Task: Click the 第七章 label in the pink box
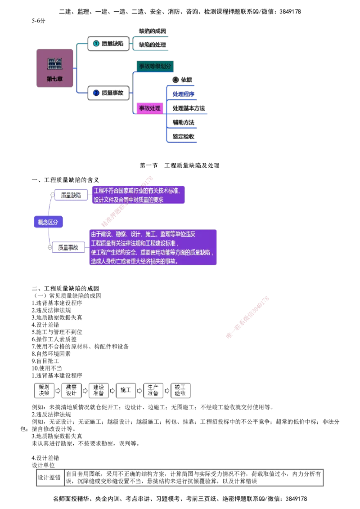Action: pyautogui.click(x=54, y=79)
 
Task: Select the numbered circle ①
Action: pyautogui.click(x=96, y=44)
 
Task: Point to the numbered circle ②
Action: pyautogui.click(x=96, y=93)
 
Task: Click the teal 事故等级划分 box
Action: pyautogui.click(x=155, y=66)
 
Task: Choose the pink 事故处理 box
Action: pyautogui.click(x=150, y=108)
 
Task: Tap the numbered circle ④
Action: pyautogui.click(x=176, y=80)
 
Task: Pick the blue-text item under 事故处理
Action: pyautogui.click(x=184, y=94)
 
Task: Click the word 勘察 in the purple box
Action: pyautogui.click(x=120, y=234)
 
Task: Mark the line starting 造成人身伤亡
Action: pyautogui.click(x=134, y=261)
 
